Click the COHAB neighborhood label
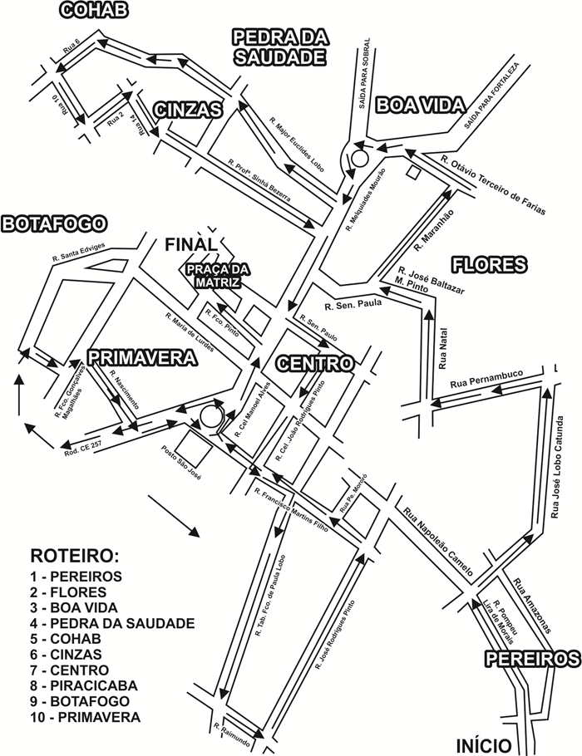[94, 9]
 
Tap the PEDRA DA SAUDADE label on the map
[279, 47]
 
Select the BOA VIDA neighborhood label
[415, 105]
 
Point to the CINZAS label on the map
[188, 110]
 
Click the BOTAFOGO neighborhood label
[55, 223]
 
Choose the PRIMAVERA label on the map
[142, 357]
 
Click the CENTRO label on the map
[314, 363]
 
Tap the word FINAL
[190, 244]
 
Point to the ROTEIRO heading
[74, 556]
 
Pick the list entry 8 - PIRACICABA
[83, 686]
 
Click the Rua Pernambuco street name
[486, 380]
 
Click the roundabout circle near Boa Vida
[360, 155]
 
